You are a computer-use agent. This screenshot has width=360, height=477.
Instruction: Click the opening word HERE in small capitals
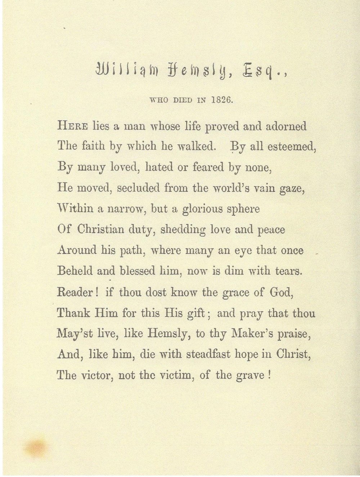coord(72,126)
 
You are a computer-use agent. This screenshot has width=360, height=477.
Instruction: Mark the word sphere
coord(244,210)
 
